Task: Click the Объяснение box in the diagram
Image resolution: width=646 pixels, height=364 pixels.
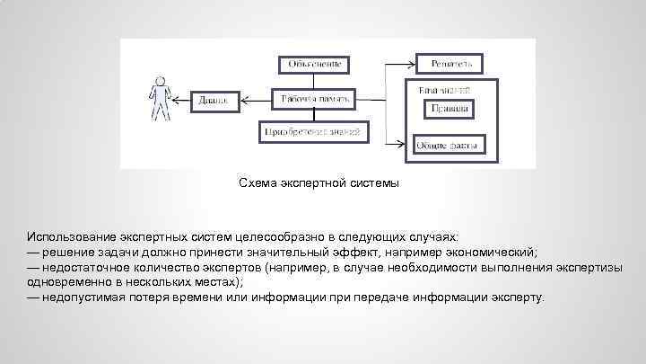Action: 313,65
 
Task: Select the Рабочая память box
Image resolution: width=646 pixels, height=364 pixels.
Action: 314,98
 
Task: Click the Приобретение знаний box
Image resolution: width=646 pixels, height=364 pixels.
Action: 314,132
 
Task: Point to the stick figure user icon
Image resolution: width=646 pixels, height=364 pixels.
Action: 160,99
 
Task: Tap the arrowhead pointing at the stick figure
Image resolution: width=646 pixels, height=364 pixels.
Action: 177,100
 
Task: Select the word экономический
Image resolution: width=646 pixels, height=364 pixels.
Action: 491,251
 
